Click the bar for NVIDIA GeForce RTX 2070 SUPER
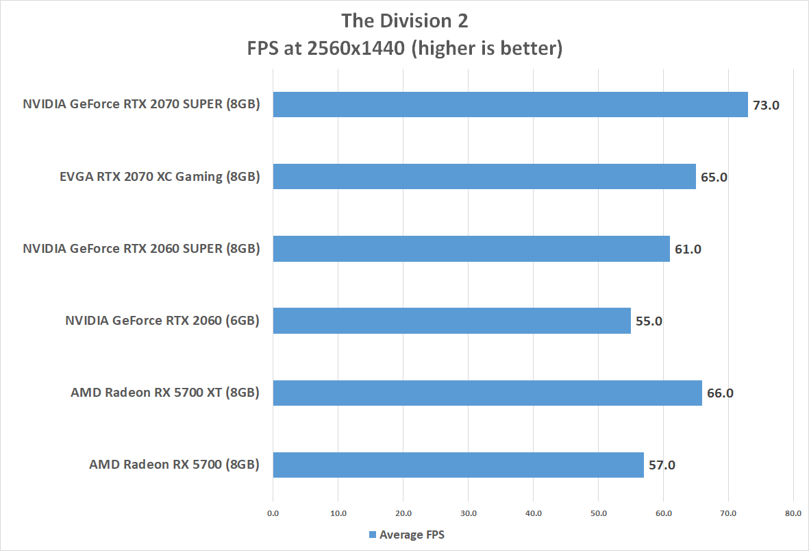pos(510,105)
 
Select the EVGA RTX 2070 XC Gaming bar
pos(484,177)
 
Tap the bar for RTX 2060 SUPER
pos(471,249)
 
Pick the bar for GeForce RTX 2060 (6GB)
pos(451,321)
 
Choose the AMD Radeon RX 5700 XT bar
pos(488,393)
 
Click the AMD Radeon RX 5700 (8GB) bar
pos(458,465)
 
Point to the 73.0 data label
pos(766,106)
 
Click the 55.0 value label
pos(648,321)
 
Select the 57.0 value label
pos(661,465)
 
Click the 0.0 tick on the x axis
pos(273,513)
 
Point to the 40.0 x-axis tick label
pos(533,513)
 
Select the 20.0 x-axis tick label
pos(403,513)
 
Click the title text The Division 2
pos(405,21)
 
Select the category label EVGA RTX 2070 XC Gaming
pos(160,177)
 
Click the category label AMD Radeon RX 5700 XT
pos(165,393)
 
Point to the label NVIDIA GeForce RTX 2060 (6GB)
pos(162,321)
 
